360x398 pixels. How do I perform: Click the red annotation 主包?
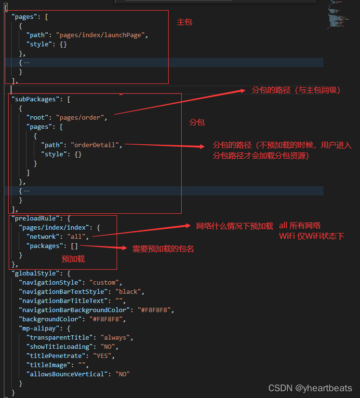(x=185, y=22)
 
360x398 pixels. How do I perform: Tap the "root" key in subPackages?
(x=38, y=117)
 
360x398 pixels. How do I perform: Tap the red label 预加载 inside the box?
(x=73, y=259)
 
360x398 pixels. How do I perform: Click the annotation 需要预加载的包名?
(x=163, y=249)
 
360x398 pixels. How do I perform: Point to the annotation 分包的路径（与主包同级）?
(x=296, y=90)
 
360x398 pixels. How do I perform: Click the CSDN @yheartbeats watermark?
(x=310, y=388)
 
